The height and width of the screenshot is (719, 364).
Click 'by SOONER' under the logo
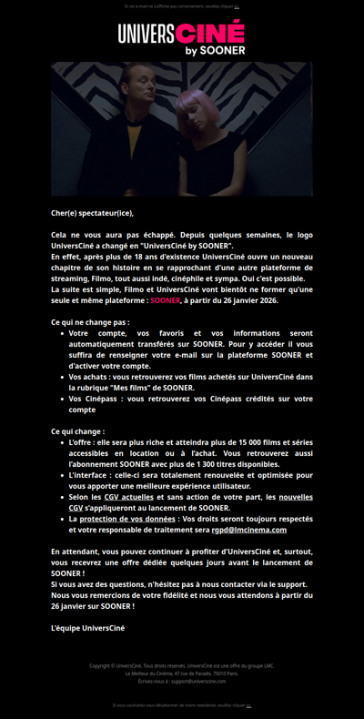pyautogui.click(x=215, y=51)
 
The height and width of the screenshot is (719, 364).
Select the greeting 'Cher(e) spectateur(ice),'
pyautogui.click(x=92, y=213)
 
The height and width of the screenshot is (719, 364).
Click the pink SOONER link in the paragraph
pyautogui.click(x=165, y=300)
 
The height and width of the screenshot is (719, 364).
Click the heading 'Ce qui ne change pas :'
pyautogui.click(x=90, y=322)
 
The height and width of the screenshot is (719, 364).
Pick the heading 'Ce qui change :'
pyautogui.click(x=77, y=431)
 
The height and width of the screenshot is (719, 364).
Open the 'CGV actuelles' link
pyautogui.click(x=128, y=497)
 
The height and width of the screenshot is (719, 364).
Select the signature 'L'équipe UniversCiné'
pyautogui.click(x=87, y=628)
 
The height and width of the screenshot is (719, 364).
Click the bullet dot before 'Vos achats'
pyautogui.click(x=62, y=377)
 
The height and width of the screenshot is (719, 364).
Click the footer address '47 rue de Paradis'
pyautogui.click(x=196, y=673)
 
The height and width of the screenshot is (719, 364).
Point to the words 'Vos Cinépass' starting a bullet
pyautogui.click(x=88, y=399)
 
